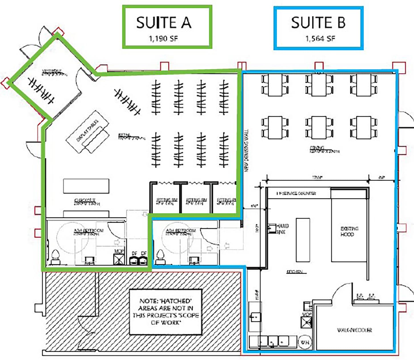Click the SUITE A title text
[x=164, y=23]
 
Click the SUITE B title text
[x=318, y=23]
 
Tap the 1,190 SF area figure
[x=163, y=39]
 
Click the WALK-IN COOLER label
[x=355, y=330]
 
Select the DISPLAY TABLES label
[x=87, y=131]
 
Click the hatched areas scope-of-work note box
[x=166, y=312]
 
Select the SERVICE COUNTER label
[x=296, y=193]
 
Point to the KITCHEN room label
[x=295, y=272]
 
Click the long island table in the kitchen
[x=303, y=240]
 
